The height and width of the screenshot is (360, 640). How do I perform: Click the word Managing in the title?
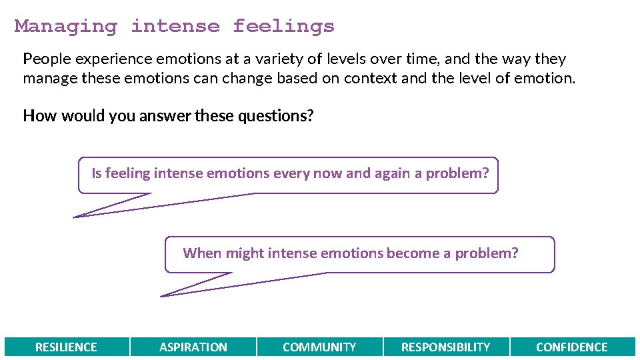point(65,27)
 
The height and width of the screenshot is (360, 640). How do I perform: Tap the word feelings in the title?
point(283,27)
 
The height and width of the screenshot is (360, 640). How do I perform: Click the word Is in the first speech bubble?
point(97,173)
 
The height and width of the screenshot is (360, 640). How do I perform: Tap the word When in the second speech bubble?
point(202,253)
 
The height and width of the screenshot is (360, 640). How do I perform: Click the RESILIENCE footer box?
point(66,347)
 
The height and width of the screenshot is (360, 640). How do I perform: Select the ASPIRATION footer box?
point(193,347)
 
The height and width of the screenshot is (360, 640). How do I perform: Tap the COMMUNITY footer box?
point(319,347)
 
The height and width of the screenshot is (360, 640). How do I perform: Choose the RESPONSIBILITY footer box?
point(445,347)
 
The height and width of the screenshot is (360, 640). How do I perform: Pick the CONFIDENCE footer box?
point(572,347)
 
